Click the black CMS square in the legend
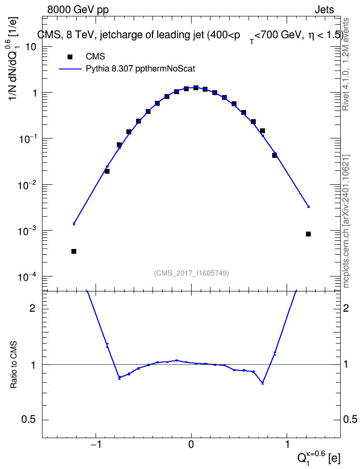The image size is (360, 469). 70,57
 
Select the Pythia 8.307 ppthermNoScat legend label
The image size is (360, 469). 140,69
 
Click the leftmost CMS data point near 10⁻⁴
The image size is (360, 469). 74,251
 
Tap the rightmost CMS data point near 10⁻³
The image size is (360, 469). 308,234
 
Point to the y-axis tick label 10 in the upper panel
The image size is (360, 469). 31,47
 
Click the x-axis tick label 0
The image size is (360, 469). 191,444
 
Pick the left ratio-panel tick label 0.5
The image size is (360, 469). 29,419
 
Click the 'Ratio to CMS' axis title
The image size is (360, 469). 14,364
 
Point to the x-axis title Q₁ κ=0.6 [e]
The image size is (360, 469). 319,457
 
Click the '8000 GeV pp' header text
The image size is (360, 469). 78,10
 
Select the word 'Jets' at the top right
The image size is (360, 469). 324,10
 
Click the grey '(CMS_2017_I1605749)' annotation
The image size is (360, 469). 191,273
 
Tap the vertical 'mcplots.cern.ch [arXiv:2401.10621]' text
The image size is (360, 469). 346,221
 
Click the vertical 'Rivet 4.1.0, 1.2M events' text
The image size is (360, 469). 346,64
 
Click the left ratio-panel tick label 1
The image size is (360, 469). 33,364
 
